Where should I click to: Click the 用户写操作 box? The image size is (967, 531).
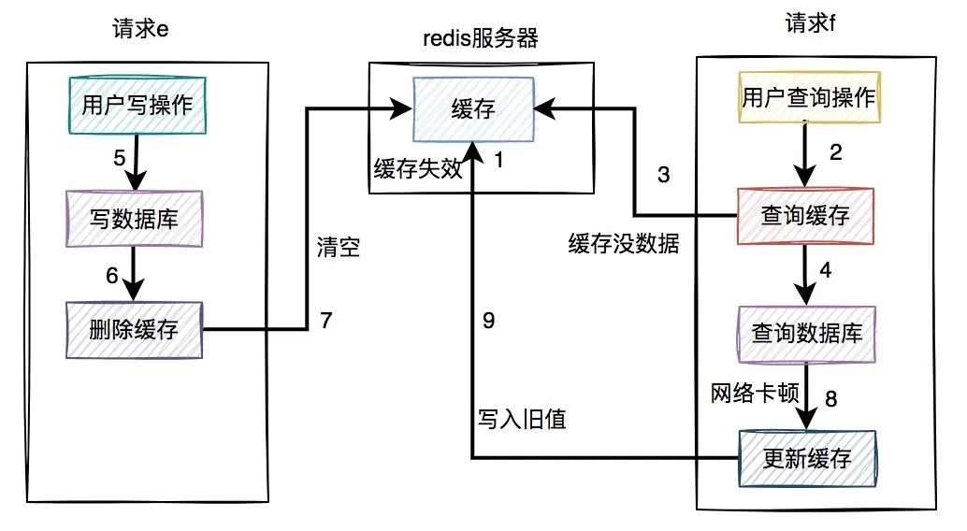pos(137,105)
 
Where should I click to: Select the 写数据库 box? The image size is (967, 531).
pos(134,219)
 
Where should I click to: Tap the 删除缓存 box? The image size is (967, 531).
pos(133,329)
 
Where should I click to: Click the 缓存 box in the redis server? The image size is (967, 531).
pos(473,108)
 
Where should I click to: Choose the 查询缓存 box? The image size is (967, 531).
pos(805,216)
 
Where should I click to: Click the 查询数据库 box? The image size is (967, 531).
pos(807,333)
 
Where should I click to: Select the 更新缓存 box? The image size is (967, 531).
pos(806,458)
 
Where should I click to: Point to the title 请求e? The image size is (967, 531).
pos(139,27)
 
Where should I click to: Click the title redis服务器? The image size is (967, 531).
pos(481,39)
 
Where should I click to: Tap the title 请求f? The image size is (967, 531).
pos(810,22)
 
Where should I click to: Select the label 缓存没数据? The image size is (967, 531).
pos(624,245)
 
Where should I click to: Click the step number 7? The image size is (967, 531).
pos(325,320)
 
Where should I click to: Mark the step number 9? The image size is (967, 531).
pos(488,321)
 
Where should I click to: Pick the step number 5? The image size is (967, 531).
pos(119,158)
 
